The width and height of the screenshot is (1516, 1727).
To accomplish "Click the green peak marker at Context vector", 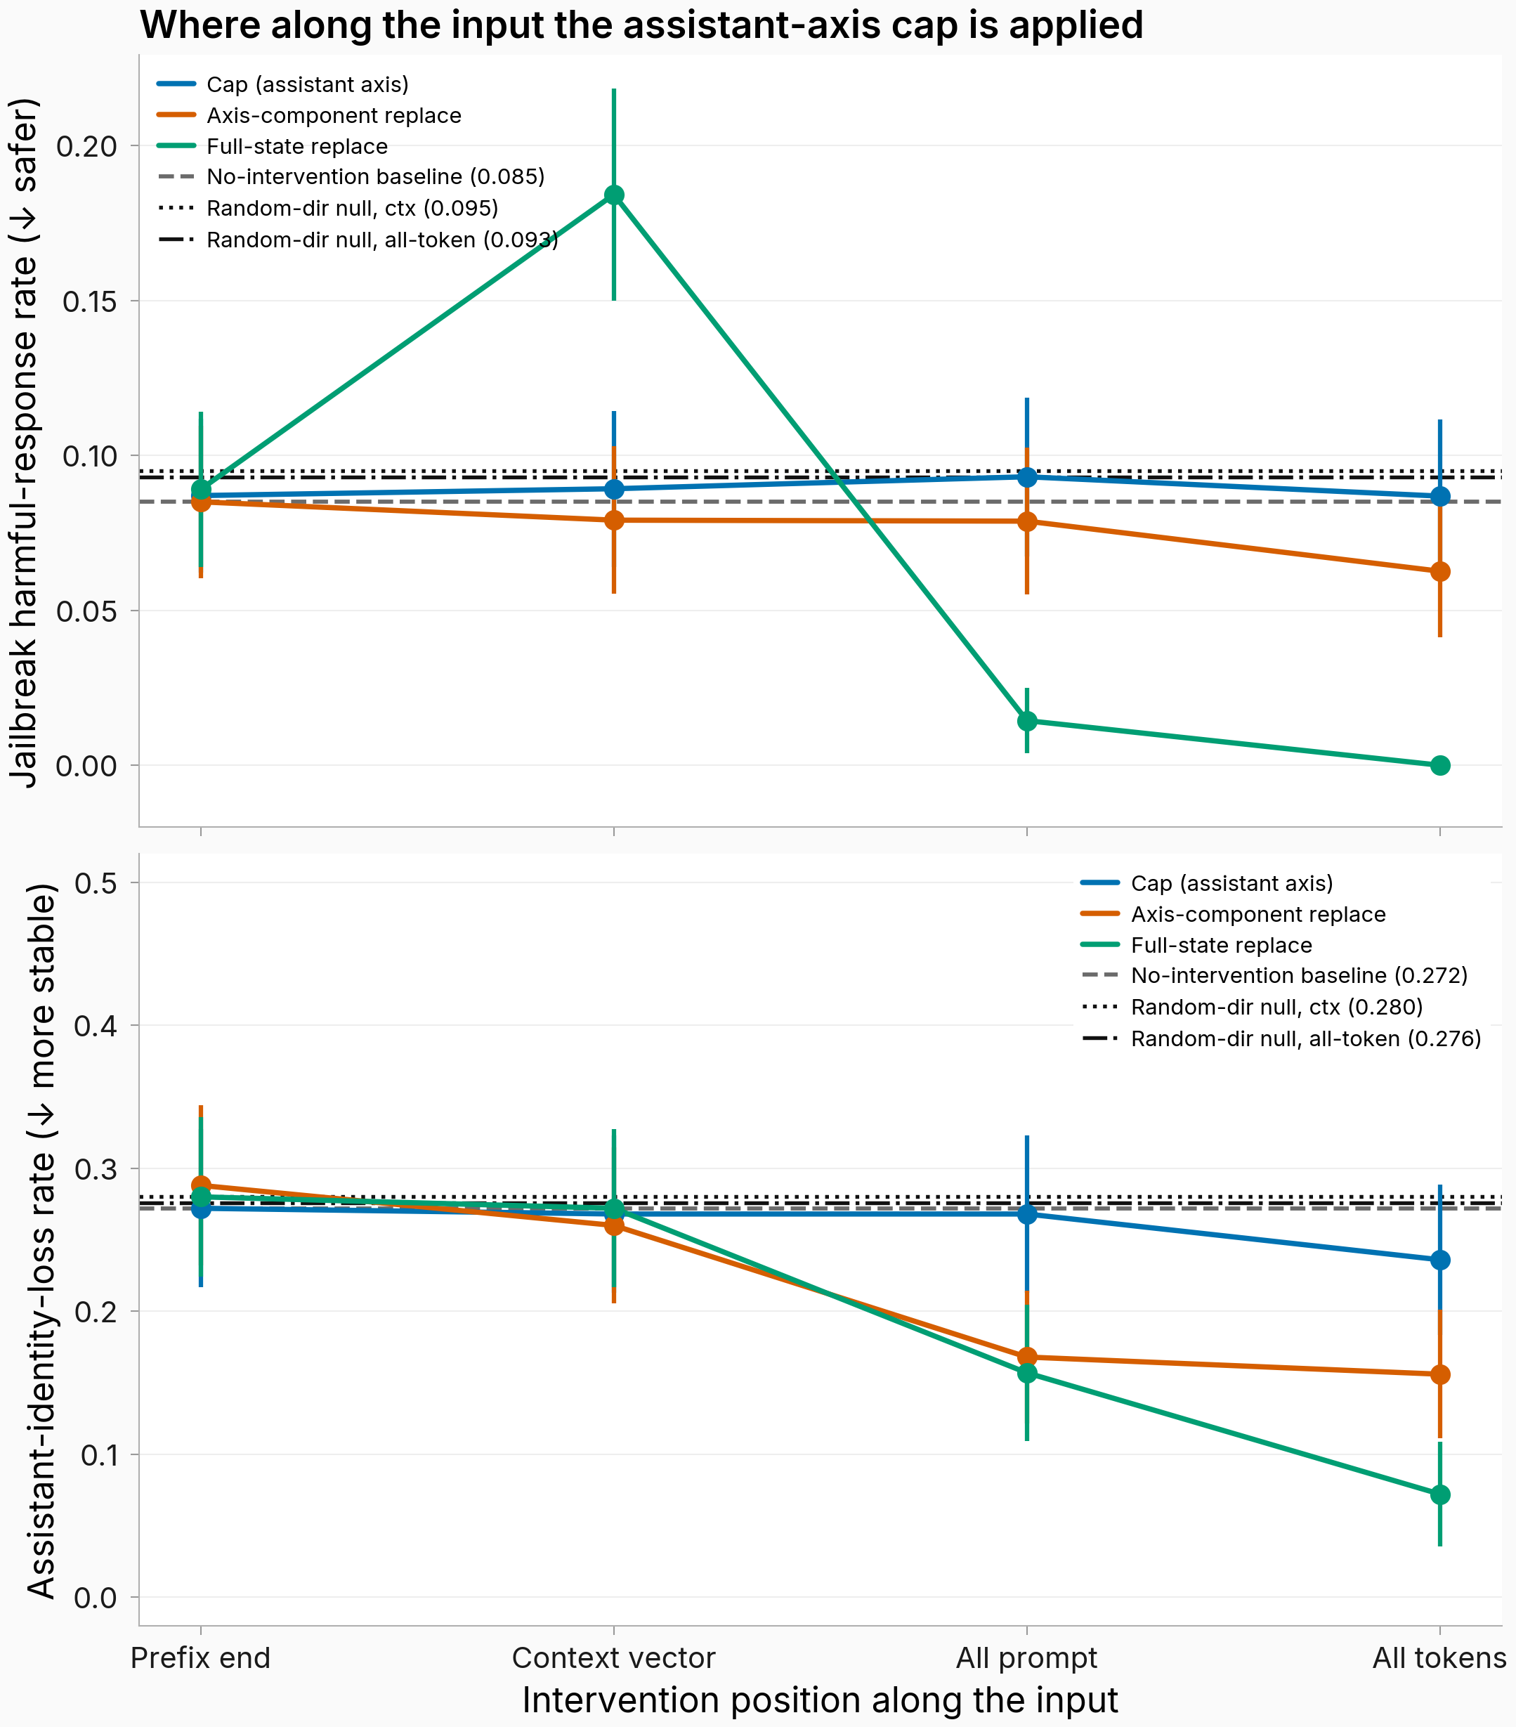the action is click(614, 195).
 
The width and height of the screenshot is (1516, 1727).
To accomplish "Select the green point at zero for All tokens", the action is click(1440, 766).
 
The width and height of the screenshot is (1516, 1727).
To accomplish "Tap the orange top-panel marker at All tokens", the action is click(1440, 572).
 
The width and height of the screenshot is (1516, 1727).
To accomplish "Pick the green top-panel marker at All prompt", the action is click(1027, 721).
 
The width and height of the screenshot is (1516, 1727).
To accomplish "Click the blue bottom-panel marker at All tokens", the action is click(1440, 1260).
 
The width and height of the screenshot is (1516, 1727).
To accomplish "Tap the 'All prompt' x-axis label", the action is click(1027, 1659).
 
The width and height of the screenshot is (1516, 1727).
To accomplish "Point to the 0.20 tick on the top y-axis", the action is click(86, 146).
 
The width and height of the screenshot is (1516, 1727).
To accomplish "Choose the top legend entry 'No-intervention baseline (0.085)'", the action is click(351, 176).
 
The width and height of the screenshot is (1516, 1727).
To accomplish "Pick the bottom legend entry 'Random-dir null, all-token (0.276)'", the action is click(1281, 1038).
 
